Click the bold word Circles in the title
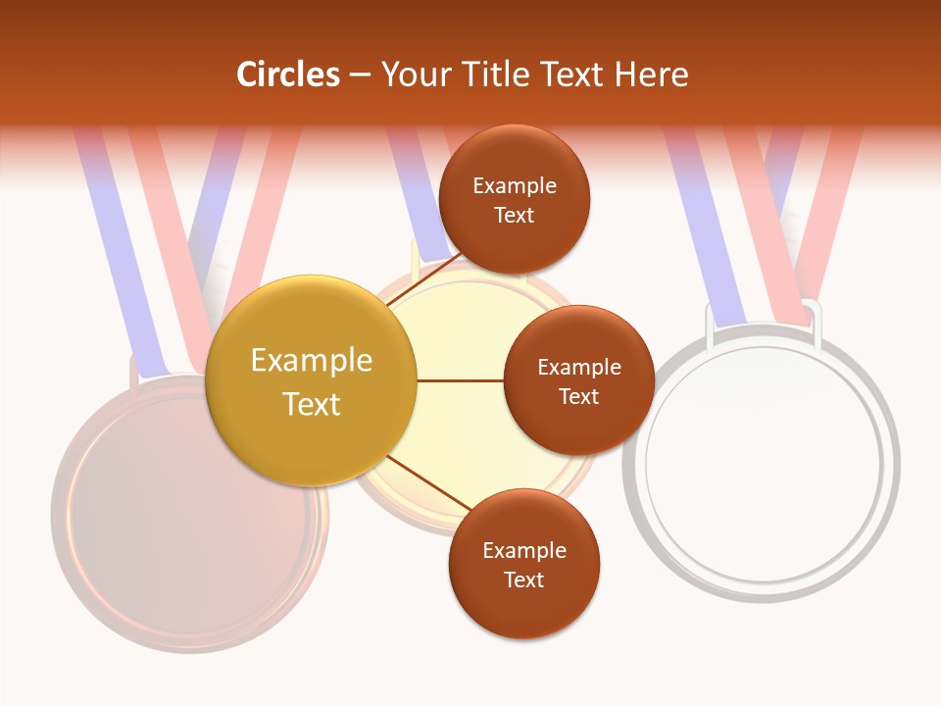coord(288,75)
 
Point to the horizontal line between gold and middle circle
coord(460,380)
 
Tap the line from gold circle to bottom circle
coord(428,483)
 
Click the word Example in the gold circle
coord(312,361)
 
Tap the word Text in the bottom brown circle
coord(523,580)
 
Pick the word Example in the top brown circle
coord(514,186)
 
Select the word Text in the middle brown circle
coord(578,396)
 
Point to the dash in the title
coord(360,75)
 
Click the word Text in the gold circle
coord(312,404)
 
